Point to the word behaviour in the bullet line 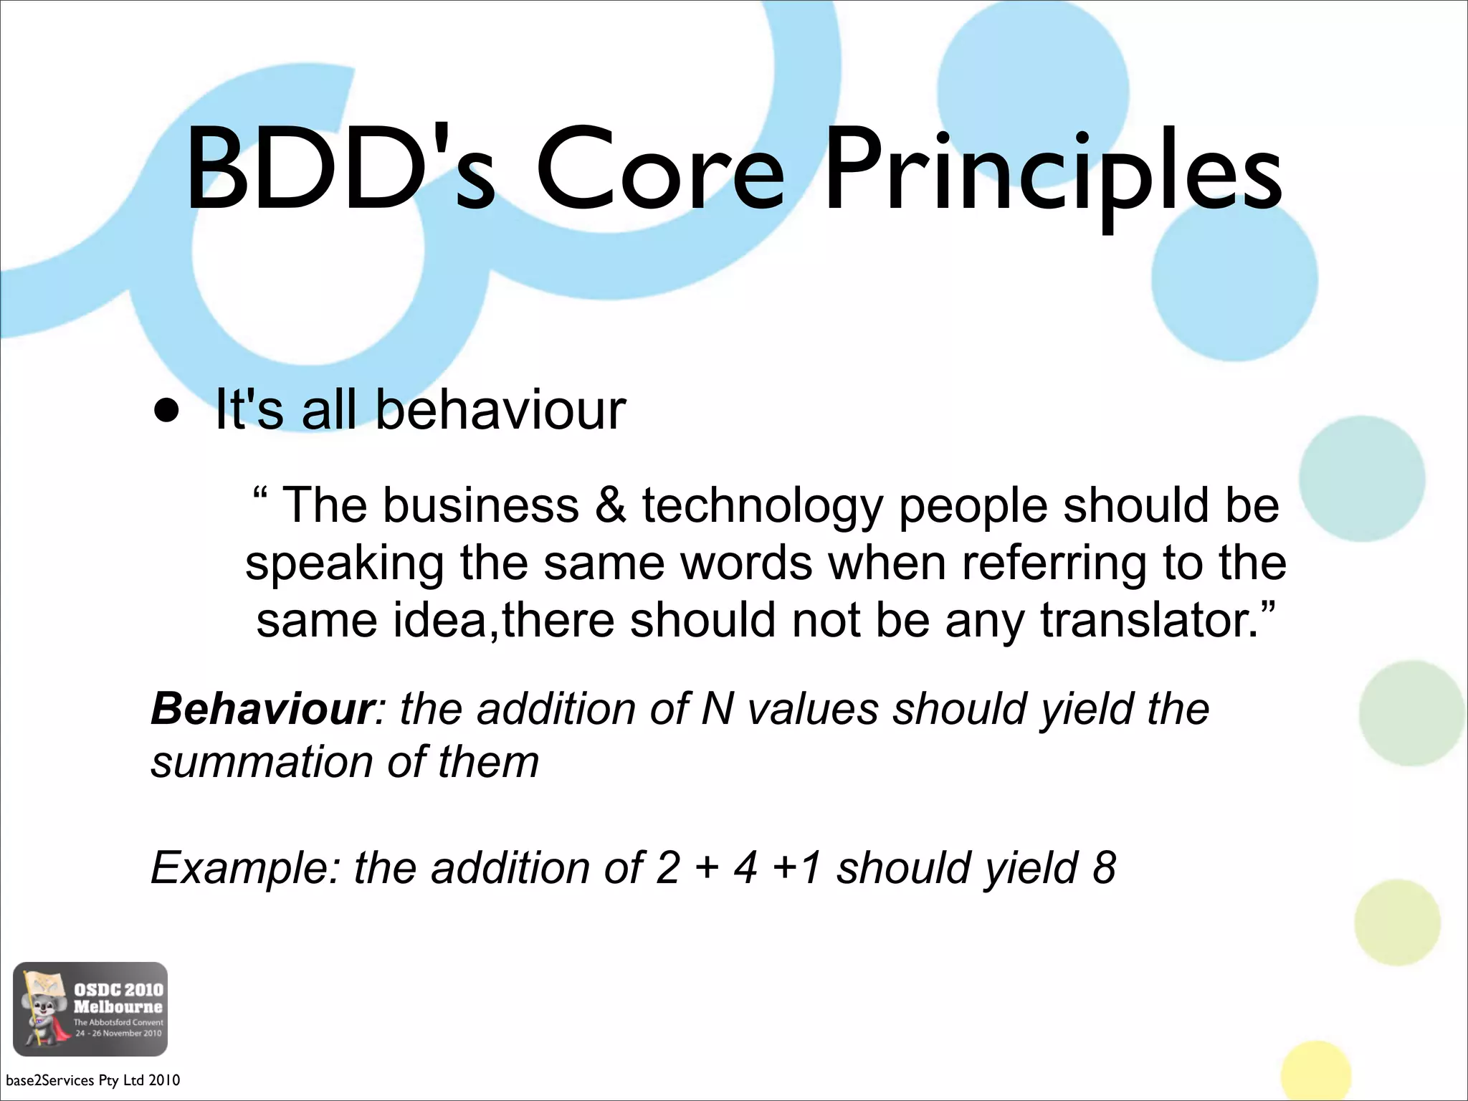pyautogui.click(x=500, y=410)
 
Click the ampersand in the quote pyautogui.click(x=610, y=505)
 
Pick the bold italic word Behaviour pyautogui.click(x=262, y=709)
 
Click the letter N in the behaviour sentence pyautogui.click(x=718, y=709)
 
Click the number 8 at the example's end pyautogui.click(x=1104, y=868)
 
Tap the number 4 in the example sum pyautogui.click(x=745, y=868)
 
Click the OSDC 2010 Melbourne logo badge pyautogui.click(x=90, y=1009)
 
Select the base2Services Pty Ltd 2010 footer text pyautogui.click(x=93, y=1080)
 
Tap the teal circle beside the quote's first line pyautogui.click(x=1361, y=479)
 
